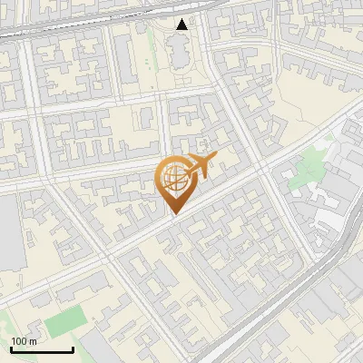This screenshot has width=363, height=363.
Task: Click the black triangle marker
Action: click(x=182, y=25)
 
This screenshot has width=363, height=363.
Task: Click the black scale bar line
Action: click(x=42, y=350)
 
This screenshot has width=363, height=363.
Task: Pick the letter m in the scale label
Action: click(x=34, y=341)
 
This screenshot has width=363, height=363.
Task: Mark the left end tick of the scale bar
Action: click(x=12, y=348)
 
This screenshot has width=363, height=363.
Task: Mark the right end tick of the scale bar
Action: click(x=73, y=348)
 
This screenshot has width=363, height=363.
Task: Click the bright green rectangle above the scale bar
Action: click(x=63, y=322)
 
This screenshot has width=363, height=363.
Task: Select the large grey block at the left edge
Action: click(x=11, y=231)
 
